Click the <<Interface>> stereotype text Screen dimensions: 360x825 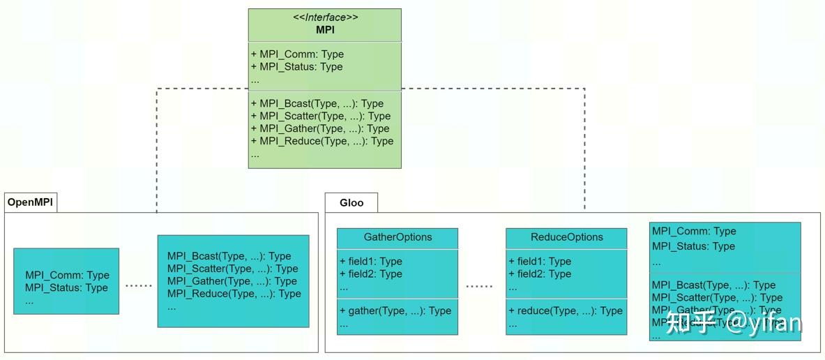[x=324, y=17]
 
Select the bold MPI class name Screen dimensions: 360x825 [x=325, y=30]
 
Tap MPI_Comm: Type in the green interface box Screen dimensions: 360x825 [x=297, y=54]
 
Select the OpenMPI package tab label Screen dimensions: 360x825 [x=30, y=203]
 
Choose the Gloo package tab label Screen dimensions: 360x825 [x=351, y=203]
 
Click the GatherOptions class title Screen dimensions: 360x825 [x=398, y=237]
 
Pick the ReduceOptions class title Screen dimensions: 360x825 [x=566, y=237]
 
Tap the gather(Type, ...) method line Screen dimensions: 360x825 [x=395, y=310]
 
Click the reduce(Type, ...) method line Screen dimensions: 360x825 [x=565, y=310]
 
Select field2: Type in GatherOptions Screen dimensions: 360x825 [x=371, y=274]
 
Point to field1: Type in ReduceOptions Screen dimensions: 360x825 [x=540, y=262]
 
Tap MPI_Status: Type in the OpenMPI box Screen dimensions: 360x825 [x=66, y=288]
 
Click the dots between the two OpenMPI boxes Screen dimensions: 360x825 [x=138, y=285]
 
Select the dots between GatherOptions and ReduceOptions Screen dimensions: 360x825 [x=479, y=286]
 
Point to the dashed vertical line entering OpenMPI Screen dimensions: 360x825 [x=157, y=174]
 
